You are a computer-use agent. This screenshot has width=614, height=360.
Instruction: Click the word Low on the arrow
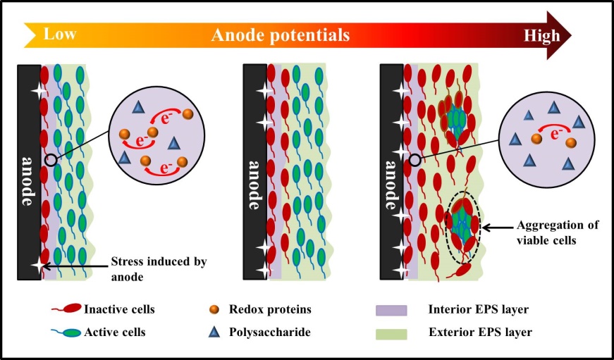tap(59, 34)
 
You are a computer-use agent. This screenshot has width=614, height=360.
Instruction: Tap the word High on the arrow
tap(542, 36)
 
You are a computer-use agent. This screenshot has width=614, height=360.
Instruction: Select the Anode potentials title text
tap(281, 35)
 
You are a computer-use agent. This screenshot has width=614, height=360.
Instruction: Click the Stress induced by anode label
tap(159, 269)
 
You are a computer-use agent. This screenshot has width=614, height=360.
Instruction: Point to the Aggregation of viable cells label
tap(558, 232)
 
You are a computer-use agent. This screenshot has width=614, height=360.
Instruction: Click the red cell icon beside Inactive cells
tap(66, 309)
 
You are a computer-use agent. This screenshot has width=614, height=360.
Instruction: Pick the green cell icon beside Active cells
tap(66, 333)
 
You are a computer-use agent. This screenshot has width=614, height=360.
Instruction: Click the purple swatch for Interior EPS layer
tap(391, 310)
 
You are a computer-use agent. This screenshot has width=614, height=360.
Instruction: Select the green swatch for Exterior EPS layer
tap(391, 333)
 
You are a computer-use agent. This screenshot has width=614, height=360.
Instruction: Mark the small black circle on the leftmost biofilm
tap(51, 160)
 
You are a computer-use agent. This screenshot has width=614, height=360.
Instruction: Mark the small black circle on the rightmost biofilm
tap(415, 160)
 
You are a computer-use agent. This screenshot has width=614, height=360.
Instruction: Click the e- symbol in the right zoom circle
tap(555, 135)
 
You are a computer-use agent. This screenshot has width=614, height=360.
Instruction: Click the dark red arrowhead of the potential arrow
tap(559, 35)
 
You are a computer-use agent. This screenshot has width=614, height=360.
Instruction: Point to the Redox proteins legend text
tap(270, 309)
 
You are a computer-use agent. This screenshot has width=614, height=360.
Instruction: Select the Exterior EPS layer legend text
tap(481, 333)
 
